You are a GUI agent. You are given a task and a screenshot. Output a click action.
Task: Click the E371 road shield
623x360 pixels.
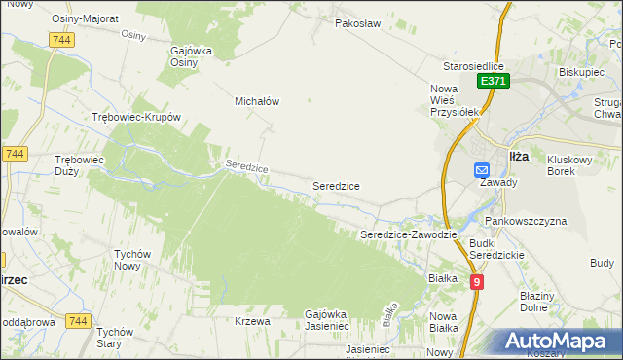[492, 82]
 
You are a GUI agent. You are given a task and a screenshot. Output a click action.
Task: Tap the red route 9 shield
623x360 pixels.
[477, 281]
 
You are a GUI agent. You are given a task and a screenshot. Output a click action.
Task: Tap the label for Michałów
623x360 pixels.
[257, 100]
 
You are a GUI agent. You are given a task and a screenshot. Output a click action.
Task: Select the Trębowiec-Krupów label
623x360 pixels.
[136, 117]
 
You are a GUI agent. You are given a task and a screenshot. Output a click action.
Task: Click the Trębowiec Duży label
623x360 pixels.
[79, 164]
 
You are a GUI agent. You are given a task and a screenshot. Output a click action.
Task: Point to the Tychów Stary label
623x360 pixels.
[121, 338]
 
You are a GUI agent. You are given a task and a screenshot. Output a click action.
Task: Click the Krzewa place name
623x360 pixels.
[252, 320]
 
